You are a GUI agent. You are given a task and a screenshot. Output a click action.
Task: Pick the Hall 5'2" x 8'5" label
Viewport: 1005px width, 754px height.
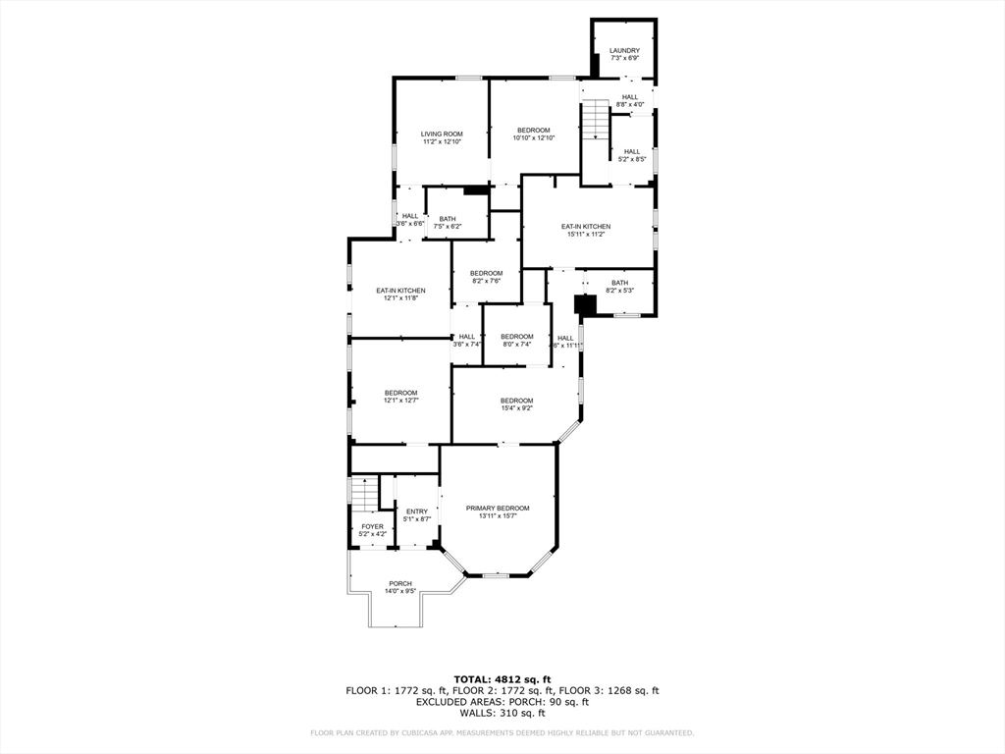coord(632,155)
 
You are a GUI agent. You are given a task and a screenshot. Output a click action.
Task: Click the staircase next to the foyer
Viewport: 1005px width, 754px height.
coord(365,494)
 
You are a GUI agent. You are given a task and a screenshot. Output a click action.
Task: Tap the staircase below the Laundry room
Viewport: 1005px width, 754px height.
coord(596,123)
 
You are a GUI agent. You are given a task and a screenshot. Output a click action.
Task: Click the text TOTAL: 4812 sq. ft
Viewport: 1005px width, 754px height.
coord(502,679)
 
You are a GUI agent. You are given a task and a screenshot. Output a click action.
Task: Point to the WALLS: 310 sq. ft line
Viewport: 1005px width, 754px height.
coord(502,713)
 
